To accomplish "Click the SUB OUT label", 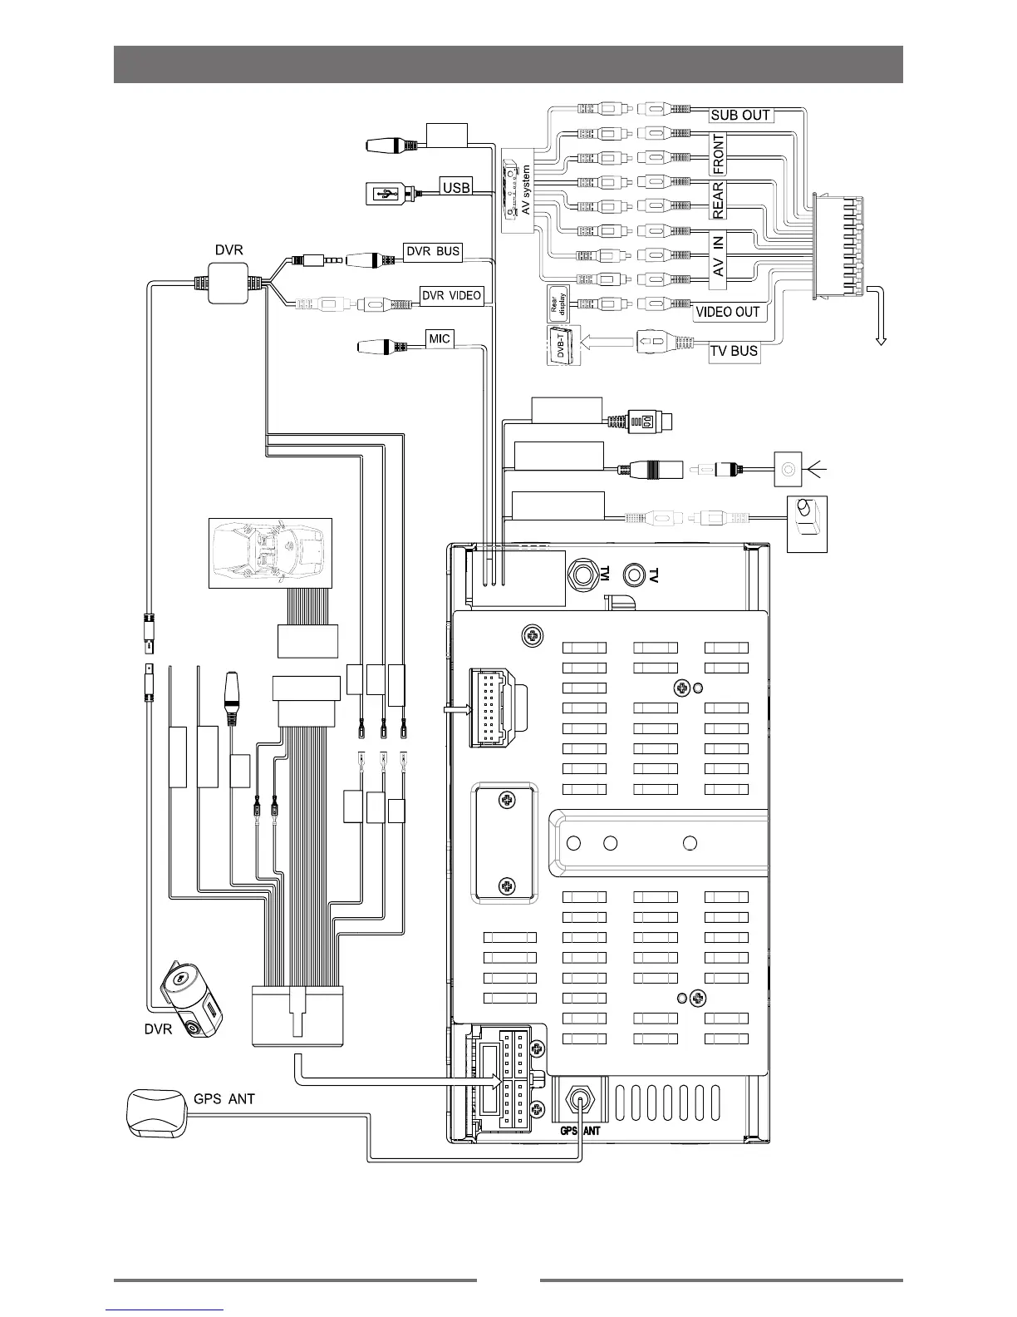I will pyautogui.click(x=740, y=115).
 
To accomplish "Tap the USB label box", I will pyautogui.click(x=456, y=187).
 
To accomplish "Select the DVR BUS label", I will pyautogui.click(x=432, y=251).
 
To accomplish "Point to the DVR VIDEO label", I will pyautogui.click(x=451, y=295).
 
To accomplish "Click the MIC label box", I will pyautogui.click(x=440, y=338).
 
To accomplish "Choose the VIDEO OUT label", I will pyautogui.click(x=727, y=312).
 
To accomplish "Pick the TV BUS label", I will pyautogui.click(x=734, y=351).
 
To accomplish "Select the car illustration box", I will pyautogui.click(x=269, y=552).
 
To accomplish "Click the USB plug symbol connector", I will pyautogui.click(x=384, y=193).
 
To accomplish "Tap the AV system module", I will pyautogui.click(x=517, y=188).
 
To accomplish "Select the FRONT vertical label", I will pyautogui.click(x=719, y=154).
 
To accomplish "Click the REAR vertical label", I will pyautogui.click(x=719, y=200).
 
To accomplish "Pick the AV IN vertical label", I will pyautogui.click(x=719, y=256).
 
